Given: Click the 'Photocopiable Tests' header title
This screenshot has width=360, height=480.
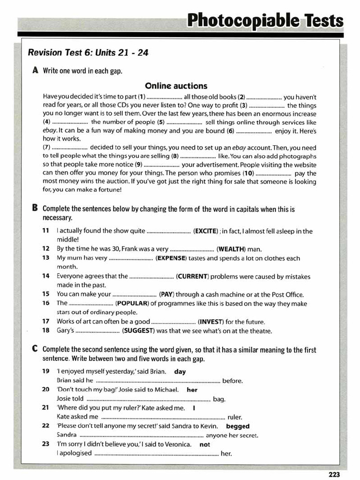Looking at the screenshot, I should click(x=265, y=21).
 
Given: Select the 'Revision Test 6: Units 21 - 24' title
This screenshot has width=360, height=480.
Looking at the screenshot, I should click(x=88, y=52).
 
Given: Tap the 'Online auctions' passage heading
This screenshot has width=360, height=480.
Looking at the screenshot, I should click(x=176, y=86).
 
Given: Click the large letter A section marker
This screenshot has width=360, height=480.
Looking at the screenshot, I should click(x=36, y=70).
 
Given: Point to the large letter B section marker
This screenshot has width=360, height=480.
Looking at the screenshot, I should click(x=36, y=209).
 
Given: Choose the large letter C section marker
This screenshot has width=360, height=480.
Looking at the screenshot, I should click(x=36, y=349).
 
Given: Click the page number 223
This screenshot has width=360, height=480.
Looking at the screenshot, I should click(x=334, y=474).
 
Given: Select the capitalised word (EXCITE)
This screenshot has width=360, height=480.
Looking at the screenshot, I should click(x=206, y=231).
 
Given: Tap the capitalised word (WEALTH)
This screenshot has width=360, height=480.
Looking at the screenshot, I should click(x=230, y=249).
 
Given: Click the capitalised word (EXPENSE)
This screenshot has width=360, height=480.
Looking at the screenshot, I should click(x=171, y=258).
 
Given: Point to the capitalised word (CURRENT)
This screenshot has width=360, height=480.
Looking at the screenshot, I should click(x=192, y=276).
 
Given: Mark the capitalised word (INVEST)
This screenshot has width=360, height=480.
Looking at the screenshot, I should click(x=210, y=322).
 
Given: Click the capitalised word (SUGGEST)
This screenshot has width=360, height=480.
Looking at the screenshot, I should click(x=138, y=330).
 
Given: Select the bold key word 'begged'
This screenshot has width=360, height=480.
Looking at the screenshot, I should click(x=238, y=426).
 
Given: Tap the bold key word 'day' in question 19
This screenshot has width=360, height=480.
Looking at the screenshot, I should click(x=180, y=371).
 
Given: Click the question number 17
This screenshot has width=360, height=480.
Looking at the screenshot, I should click(x=45, y=322).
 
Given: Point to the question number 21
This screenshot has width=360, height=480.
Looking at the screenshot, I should click(x=45, y=407).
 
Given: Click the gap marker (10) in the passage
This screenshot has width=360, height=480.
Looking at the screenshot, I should click(x=248, y=173).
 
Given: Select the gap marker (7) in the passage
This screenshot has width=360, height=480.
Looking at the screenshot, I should click(x=46, y=148).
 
